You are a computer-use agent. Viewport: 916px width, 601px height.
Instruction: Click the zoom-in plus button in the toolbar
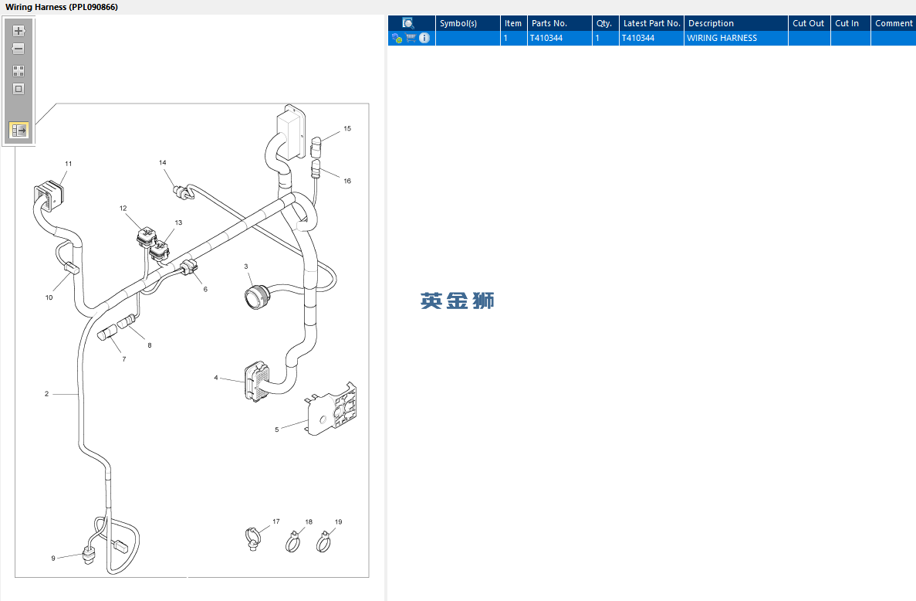[x=19, y=31]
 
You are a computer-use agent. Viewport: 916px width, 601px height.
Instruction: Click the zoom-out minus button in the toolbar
[x=19, y=49]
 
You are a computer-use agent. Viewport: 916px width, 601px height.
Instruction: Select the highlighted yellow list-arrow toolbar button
[x=19, y=130]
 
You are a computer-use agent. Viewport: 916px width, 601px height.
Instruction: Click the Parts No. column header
[x=549, y=23]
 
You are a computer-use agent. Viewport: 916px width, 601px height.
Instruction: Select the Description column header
[x=711, y=23]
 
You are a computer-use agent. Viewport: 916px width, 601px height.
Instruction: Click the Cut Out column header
[x=809, y=23]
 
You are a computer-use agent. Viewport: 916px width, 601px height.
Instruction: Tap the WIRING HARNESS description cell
[x=722, y=38]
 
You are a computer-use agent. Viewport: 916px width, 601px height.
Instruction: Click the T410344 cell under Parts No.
[x=546, y=38]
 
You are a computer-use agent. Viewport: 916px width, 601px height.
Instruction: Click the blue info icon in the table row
[x=424, y=38]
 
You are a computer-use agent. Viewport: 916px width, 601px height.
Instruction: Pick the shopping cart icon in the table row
[x=411, y=38]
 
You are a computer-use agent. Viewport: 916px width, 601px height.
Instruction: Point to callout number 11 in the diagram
[x=69, y=164]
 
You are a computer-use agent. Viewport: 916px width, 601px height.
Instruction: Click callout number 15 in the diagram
[x=347, y=128]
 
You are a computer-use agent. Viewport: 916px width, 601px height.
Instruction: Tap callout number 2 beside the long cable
[x=47, y=394]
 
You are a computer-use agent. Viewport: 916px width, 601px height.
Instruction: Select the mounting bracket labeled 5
[x=331, y=410]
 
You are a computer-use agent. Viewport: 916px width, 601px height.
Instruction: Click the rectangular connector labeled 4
[x=257, y=382]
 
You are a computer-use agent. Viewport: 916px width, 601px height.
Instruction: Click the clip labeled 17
[x=252, y=539]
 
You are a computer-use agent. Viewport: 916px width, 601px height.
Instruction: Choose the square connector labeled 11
[x=49, y=196]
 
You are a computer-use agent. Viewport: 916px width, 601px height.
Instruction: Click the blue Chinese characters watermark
[x=458, y=300]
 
